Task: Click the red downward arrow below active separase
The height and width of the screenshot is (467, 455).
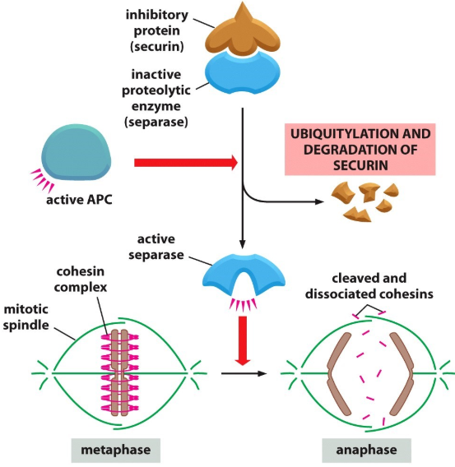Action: [x=242, y=338]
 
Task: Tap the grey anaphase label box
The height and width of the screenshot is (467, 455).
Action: [x=366, y=450]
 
